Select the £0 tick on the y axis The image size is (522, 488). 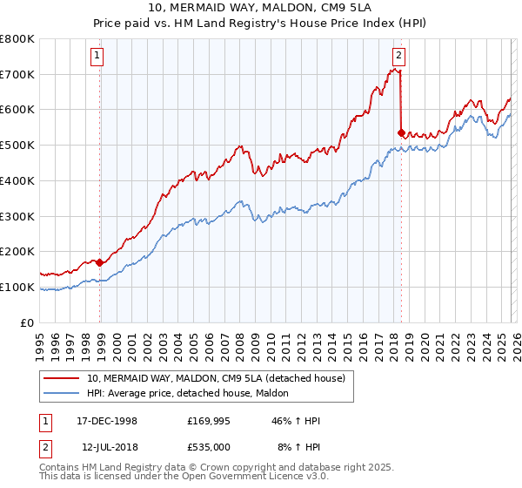(x=28, y=322)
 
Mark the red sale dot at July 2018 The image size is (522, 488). (x=401, y=133)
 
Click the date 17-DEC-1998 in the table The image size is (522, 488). (x=108, y=421)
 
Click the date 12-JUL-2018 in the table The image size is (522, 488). (x=108, y=445)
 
